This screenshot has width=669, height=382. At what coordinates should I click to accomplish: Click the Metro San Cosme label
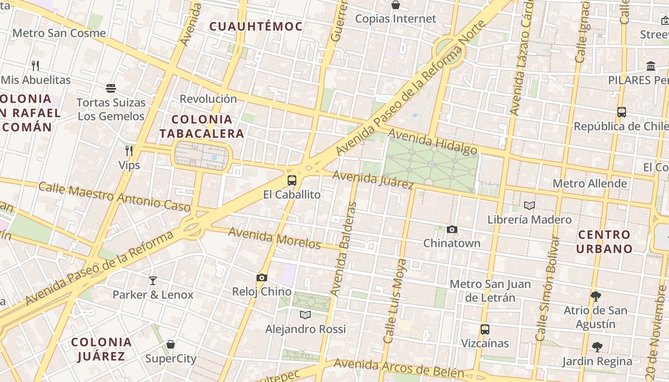pyautogui.click(x=59, y=33)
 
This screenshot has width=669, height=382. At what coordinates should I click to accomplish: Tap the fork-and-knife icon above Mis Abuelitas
pyautogui.click(x=35, y=65)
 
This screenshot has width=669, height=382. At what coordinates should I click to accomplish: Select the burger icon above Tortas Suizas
pyautogui.click(x=111, y=88)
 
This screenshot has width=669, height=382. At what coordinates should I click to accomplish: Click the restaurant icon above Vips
pyautogui.click(x=129, y=151)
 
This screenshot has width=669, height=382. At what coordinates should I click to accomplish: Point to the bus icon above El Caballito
pyautogui.click(x=292, y=180)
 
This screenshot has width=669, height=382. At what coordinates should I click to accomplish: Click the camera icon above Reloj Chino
pyautogui.click(x=261, y=277)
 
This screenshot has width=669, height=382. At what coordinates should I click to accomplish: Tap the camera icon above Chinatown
pyautogui.click(x=452, y=229)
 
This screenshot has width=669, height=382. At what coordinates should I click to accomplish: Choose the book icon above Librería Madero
pyautogui.click(x=529, y=205)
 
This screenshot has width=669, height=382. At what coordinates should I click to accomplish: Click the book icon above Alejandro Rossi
pyautogui.click(x=305, y=315)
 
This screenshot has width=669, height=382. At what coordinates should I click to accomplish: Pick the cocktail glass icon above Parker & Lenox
pyautogui.click(x=153, y=280)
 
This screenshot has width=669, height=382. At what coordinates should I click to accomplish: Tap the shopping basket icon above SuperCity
pyautogui.click(x=171, y=344)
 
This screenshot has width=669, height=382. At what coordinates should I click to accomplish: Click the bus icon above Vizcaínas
pyautogui.click(x=485, y=329)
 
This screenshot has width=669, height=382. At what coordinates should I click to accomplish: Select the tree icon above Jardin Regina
pyautogui.click(x=597, y=347)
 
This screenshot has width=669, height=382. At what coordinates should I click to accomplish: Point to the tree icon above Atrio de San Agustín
pyautogui.click(x=595, y=296)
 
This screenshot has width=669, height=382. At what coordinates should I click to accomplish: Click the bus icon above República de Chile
pyautogui.click(x=621, y=112)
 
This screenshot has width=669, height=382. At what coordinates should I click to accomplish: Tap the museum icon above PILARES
pyautogui.click(x=650, y=66)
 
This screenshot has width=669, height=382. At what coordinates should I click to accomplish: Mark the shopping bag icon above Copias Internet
pyautogui.click(x=396, y=5)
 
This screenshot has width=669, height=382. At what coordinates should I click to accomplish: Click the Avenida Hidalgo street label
pyautogui.click(x=432, y=142)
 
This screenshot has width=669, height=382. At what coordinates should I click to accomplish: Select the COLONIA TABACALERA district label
pyautogui.click(x=202, y=126)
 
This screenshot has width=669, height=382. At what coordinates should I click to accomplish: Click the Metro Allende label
pyautogui.click(x=590, y=183)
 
